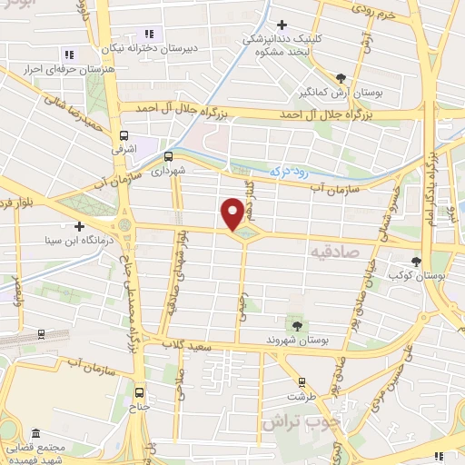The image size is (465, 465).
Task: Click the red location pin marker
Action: (x=232, y=214)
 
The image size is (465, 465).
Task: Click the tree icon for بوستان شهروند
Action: (x=296, y=324)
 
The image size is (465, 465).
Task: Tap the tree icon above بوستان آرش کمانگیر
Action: (x=341, y=78)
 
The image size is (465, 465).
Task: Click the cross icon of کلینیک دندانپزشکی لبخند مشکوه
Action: (x=282, y=25)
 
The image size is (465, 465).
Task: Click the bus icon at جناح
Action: (x=139, y=392)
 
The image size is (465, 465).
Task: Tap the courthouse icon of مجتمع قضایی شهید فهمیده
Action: (x=35, y=433)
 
